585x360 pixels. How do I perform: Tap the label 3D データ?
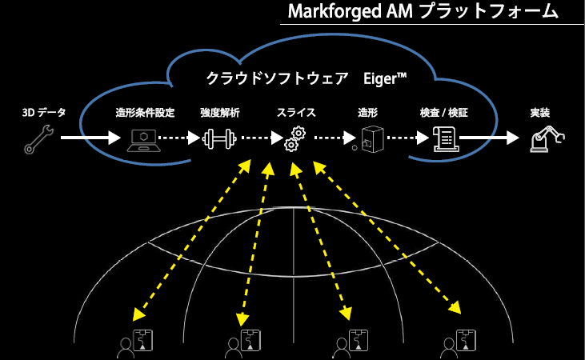[38, 114]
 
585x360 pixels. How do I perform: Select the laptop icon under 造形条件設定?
[142, 138]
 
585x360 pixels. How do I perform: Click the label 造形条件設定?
[145, 114]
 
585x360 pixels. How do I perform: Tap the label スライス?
[295, 114]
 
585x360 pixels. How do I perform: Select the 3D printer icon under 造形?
[369, 138]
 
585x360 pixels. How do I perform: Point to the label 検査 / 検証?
[443, 114]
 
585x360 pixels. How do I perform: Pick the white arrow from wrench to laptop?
[88, 138]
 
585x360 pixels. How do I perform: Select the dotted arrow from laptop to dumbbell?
[179, 138]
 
